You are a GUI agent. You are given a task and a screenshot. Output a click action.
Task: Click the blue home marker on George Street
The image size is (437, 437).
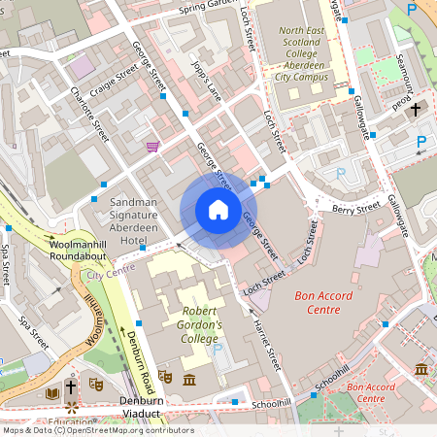coord(218,210)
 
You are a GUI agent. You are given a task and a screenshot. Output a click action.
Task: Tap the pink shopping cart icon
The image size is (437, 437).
coord(152,147)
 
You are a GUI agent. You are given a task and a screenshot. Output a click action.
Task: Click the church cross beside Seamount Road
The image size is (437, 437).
coord(417,109)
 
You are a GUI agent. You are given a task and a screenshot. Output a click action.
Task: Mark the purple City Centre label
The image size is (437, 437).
coord(110,275)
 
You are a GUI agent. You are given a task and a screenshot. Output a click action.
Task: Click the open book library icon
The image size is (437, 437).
coord(51,392)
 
